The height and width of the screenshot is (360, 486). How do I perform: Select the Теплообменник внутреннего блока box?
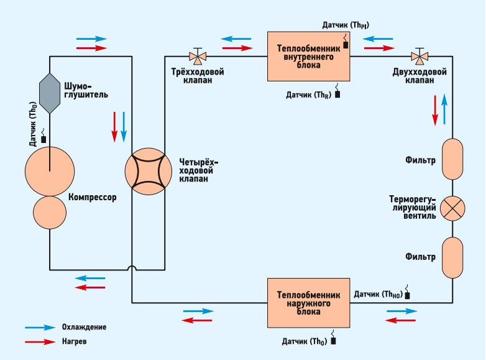(x=308, y=57)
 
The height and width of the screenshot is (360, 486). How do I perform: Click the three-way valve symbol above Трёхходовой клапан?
(x=199, y=57)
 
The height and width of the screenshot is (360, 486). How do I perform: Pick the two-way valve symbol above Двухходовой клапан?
(x=420, y=57)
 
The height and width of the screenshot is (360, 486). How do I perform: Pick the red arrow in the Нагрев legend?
(x=39, y=342)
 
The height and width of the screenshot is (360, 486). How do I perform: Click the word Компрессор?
(x=92, y=197)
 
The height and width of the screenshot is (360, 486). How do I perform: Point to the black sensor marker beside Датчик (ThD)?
(x=44, y=139)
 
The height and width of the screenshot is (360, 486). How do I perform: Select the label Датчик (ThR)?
(x=307, y=95)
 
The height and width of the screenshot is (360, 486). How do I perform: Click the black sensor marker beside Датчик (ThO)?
(x=333, y=340)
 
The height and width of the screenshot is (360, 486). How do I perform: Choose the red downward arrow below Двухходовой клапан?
(x=435, y=109)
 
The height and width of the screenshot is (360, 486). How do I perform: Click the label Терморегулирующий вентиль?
(x=413, y=208)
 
